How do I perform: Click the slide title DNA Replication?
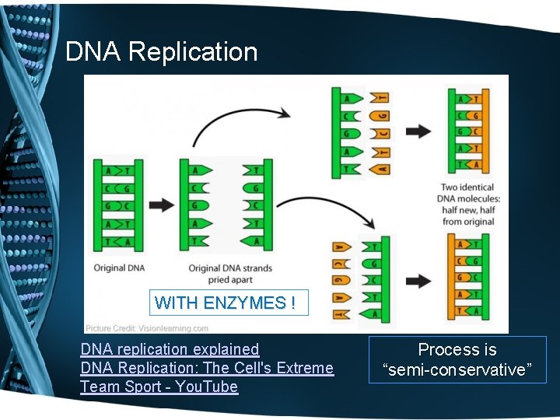[x=161, y=52]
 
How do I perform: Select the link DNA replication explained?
[x=170, y=350]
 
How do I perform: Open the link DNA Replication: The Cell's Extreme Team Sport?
[x=206, y=369]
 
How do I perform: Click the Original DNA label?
[x=119, y=268]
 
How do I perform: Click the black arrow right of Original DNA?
[x=161, y=205]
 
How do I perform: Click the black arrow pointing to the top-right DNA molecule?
[x=418, y=131]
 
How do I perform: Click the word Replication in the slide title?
[x=193, y=52]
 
